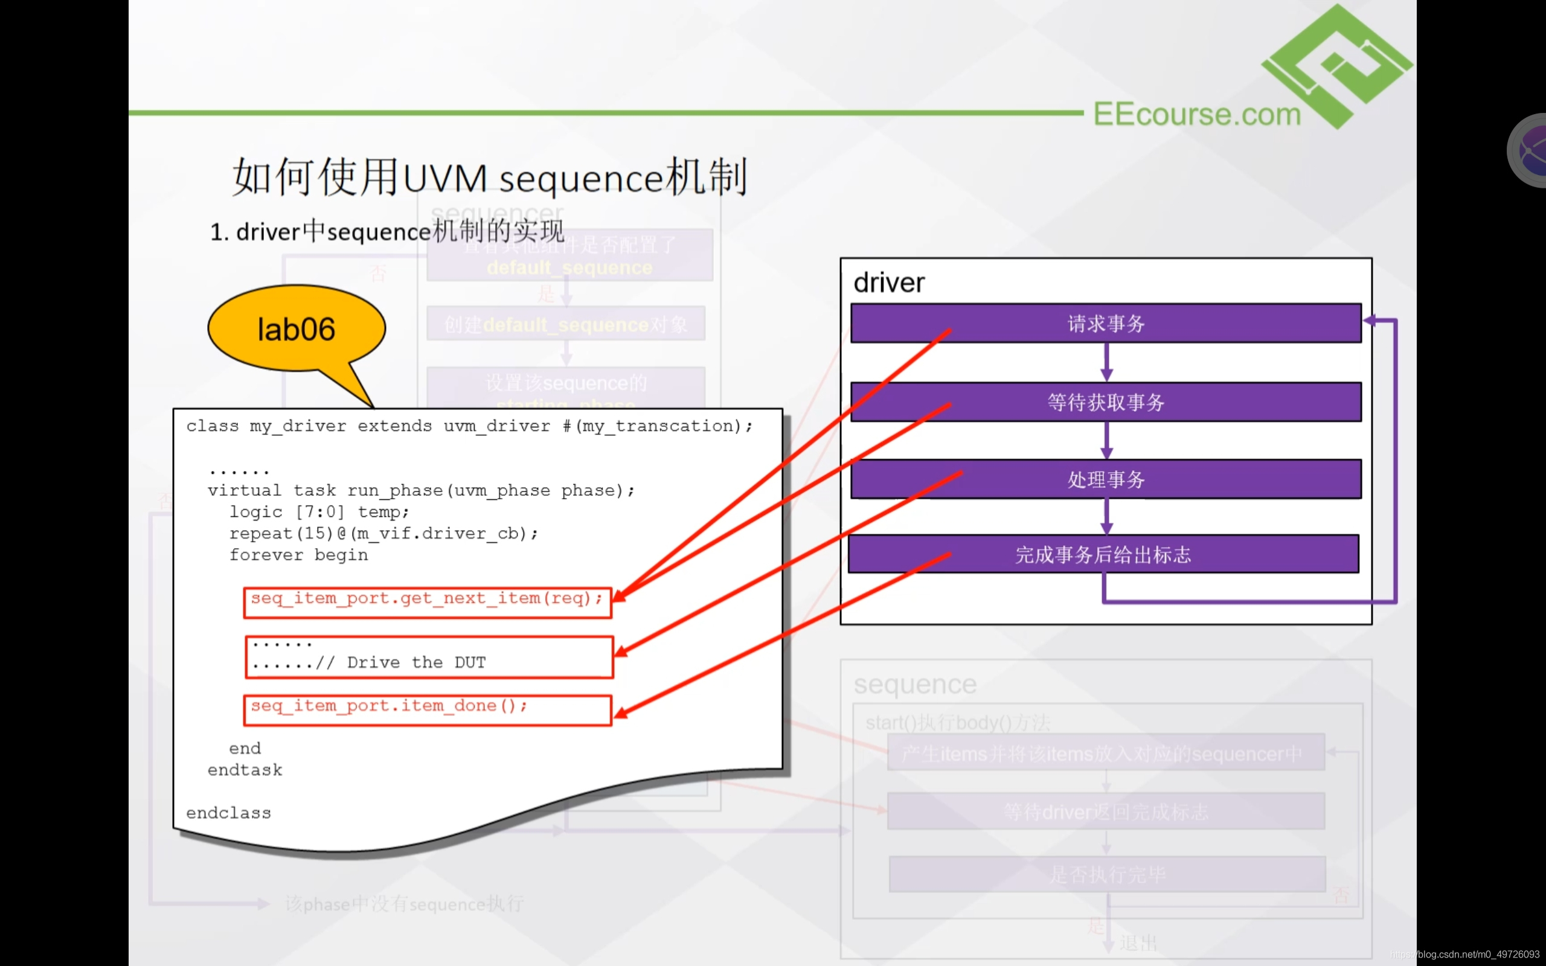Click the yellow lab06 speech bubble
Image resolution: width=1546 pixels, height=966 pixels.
pyautogui.click(x=297, y=329)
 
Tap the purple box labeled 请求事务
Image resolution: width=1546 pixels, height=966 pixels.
pyautogui.click(x=1106, y=323)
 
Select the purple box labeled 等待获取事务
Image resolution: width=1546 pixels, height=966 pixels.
pyautogui.click(x=1106, y=402)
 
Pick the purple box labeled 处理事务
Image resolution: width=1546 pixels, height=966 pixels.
pyautogui.click(x=1106, y=479)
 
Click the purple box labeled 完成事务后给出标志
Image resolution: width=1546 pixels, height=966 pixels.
pyautogui.click(x=1103, y=554)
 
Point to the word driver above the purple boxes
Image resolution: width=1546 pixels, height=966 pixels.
pyautogui.click(x=888, y=283)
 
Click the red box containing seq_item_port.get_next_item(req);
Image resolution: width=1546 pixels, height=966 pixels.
pyautogui.click(x=428, y=603)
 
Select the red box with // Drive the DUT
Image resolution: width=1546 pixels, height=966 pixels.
pyautogui.click(x=429, y=657)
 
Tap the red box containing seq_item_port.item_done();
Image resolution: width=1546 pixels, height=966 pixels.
pyautogui.click(x=428, y=710)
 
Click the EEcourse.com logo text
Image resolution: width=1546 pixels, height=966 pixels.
pyautogui.click(x=1196, y=114)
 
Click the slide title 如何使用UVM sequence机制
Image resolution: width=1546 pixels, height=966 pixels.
pyautogui.click(x=489, y=177)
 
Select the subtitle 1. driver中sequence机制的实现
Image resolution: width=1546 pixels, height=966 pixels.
pyautogui.click(x=387, y=231)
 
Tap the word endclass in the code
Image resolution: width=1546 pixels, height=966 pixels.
pyautogui.click(x=229, y=813)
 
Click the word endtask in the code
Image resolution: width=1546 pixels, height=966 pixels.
pyautogui.click(x=245, y=770)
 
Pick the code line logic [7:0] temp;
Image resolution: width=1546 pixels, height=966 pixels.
pyautogui.click(x=319, y=513)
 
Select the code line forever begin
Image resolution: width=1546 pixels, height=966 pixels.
pyautogui.click(x=298, y=555)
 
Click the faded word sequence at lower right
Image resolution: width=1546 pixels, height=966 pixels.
pyautogui.click(x=915, y=684)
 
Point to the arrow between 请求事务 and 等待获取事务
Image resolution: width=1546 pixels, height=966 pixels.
pyautogui.click(x=1106, y=362)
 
